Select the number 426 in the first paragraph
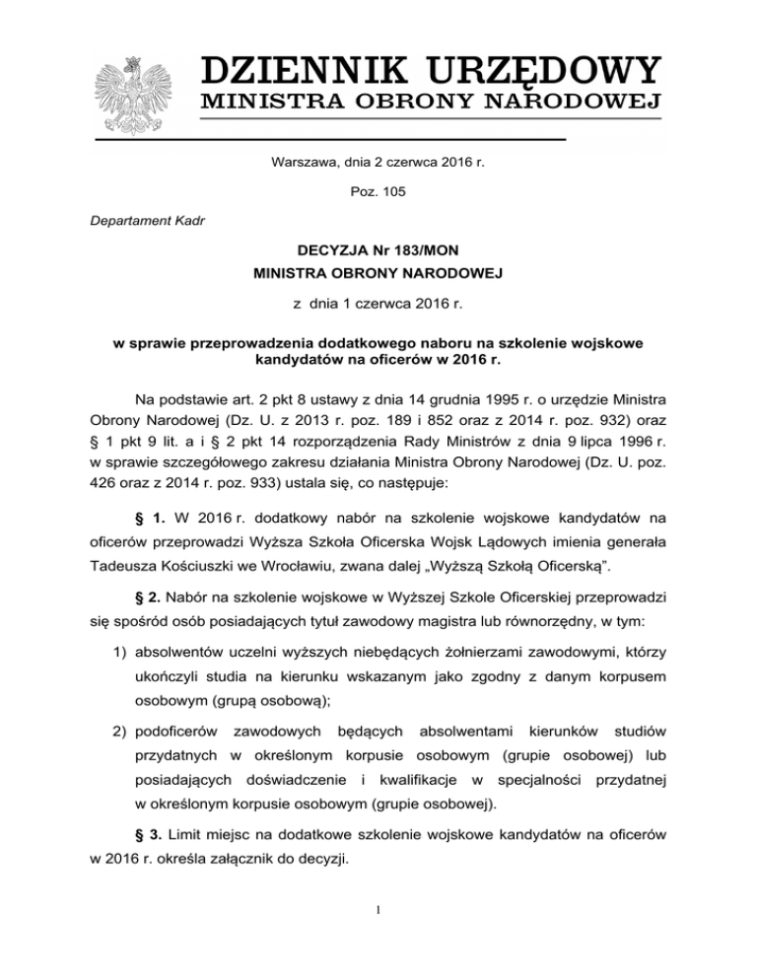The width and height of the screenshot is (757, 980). click(110, 466)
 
